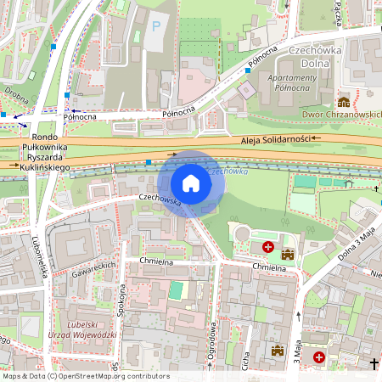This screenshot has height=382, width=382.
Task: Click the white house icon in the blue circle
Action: coord(191,183)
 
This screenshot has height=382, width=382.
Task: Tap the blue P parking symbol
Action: coord(155,26)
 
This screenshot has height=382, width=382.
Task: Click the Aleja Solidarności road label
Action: coord(274,138)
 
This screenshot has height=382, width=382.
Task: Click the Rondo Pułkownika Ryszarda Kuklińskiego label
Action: coord(48,154)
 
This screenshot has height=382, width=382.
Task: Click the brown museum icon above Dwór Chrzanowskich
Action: coord(344,101)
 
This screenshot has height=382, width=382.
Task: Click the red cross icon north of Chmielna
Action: coord(268,247)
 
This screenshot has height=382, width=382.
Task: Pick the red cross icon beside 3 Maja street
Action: coord(319,357)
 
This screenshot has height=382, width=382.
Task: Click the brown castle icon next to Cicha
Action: coord(277,350)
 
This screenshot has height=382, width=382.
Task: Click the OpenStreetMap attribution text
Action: coord(85,376)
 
